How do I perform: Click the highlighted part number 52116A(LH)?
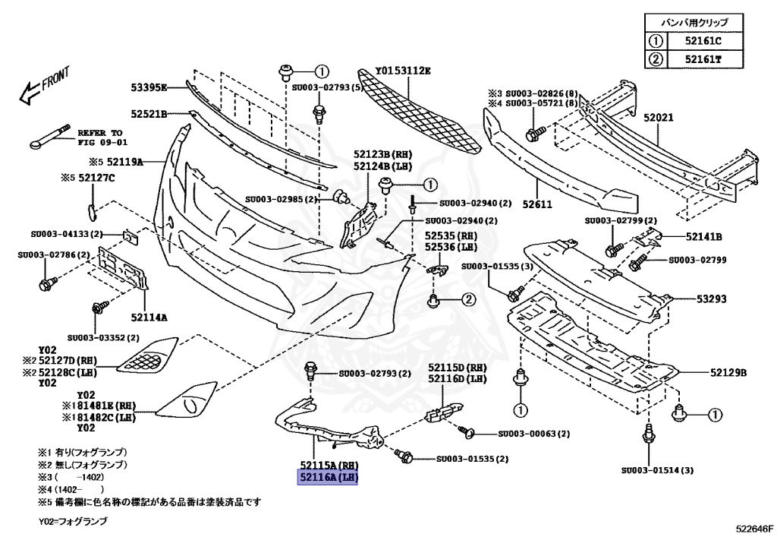(x=327, y=478)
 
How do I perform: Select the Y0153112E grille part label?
(x=403, y=71)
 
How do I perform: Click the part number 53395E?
(x=148, y=87)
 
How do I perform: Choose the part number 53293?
(x=712, y=299)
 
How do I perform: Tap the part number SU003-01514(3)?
(x=657, y=470)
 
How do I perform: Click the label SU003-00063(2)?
(x=534, y=434)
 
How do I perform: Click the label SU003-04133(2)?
(x=65, y=235)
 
